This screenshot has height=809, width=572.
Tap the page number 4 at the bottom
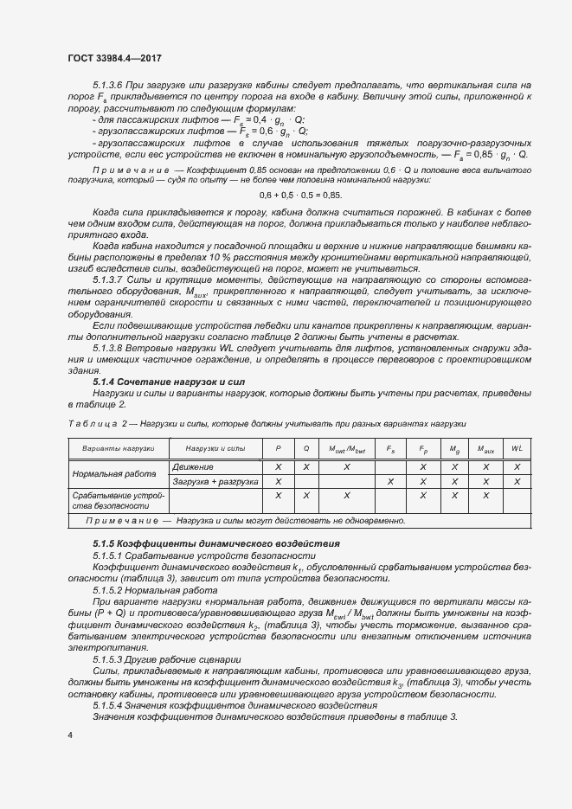(x=69, y=735)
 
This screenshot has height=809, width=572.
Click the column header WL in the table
(x=517, y=448)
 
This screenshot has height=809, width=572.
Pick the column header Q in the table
(x=306, y=448)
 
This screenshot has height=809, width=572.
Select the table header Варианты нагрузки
(x=118, y=448)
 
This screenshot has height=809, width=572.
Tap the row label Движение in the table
(x=194, y=466)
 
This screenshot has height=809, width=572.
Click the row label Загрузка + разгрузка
(x=215, y=481)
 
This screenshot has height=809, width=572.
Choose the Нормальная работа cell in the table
(x=110, y=474)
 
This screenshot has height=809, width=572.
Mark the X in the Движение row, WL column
(x=517, y=466)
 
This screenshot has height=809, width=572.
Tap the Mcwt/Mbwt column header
(x=346, y=448)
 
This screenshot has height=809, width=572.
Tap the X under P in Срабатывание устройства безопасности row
(x=279, y=496)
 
